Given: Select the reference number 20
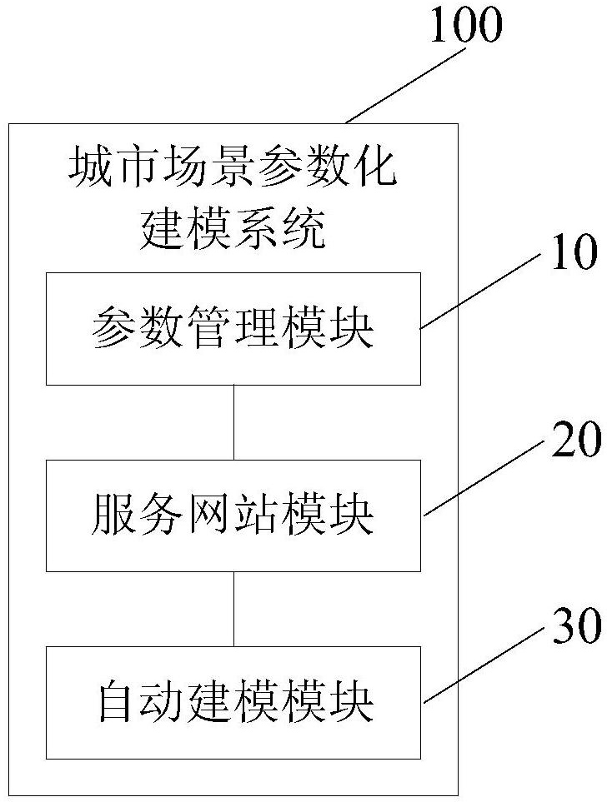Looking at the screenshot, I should (x=576, y=441).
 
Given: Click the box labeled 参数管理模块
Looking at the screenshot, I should (x=233, y=329).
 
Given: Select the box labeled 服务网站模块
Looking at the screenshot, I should (x=233, y=516).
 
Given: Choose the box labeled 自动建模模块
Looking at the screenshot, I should (x=233, y=702).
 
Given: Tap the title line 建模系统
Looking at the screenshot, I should (x=233, y=227).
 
